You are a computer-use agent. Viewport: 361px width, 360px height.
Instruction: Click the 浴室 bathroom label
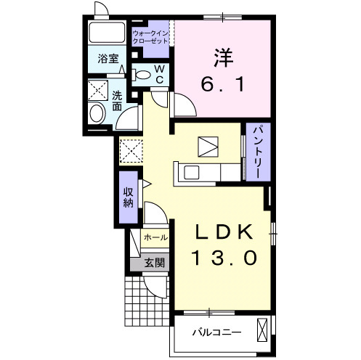pos(108,59)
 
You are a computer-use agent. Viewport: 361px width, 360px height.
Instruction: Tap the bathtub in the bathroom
pos(107,33)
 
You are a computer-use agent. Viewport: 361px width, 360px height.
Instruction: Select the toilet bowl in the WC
pos(141,75)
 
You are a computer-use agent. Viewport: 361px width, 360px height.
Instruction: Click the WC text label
pos(160,74)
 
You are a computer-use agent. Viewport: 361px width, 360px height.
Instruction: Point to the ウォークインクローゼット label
pos(150,37)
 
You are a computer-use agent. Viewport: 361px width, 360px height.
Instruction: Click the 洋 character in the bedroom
pos(223,58)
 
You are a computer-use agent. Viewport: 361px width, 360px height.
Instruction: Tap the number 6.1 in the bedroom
pos(222,84)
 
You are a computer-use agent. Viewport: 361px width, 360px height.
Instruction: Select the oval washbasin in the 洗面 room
pos(97,113)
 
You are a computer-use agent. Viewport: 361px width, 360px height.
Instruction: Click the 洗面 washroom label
pos(117,102)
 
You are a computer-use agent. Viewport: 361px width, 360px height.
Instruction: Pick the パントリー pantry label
pos(259,152)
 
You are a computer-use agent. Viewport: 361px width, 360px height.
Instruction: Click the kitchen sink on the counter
pos(191,173)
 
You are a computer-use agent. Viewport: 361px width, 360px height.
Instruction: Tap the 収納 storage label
pos(129,197)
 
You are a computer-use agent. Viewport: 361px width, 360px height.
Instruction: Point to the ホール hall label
pos(155,237)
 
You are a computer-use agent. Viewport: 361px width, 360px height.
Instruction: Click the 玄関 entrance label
pos(155,263)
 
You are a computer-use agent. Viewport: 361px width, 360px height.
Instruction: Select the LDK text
pos(224,232)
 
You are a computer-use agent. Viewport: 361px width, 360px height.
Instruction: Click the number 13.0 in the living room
pos(224,258)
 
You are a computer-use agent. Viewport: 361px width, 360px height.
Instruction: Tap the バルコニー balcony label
pos(216,332)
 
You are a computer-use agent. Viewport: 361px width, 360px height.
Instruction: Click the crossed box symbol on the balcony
pos(262,330)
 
